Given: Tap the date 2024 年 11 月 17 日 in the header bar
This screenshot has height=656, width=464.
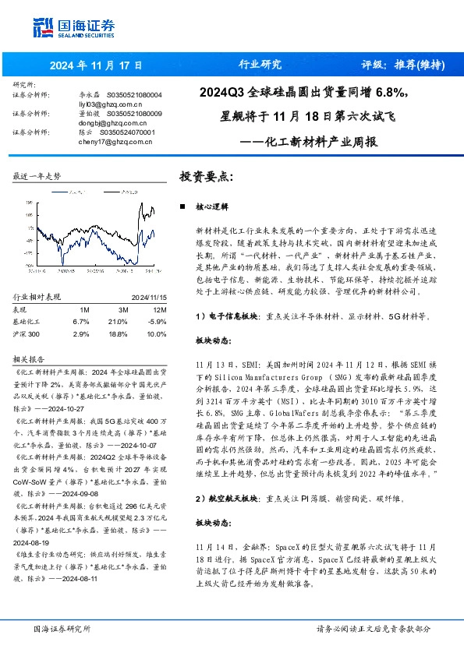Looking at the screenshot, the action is pos(89,65).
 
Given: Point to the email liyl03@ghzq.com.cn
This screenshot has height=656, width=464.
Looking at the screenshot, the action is pos(108,103).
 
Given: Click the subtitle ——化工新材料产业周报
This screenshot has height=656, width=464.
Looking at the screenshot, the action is pos(308,143).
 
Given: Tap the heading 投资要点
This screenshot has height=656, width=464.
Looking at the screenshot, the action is pos(207,177).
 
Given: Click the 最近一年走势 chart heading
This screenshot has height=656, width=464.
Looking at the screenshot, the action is pos(37,177).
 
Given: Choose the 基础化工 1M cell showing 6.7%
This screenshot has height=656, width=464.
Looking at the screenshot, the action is pos(81,321).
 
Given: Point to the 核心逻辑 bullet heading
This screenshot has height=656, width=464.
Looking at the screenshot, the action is pos(212,208).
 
